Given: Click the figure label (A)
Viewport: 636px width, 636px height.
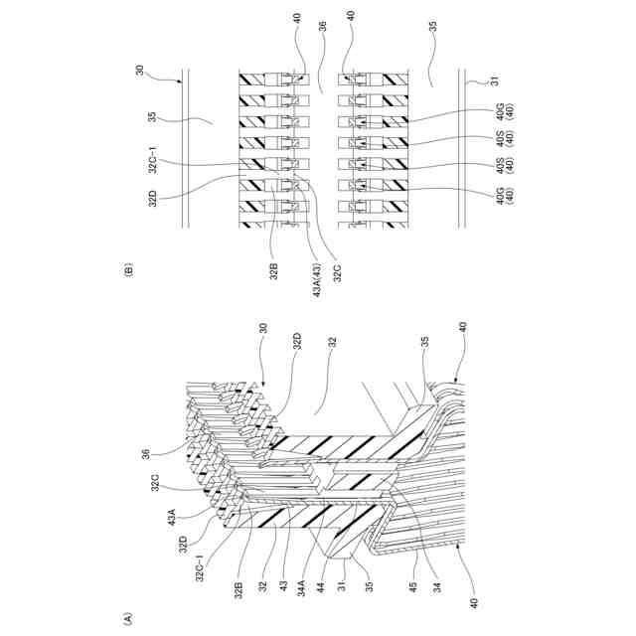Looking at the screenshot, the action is click(127, 617).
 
